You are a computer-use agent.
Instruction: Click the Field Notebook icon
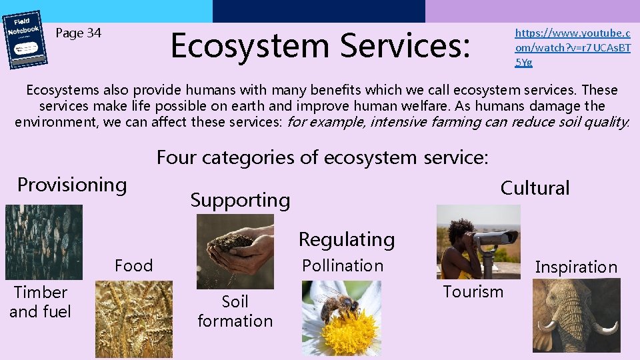click(x=27, y=39)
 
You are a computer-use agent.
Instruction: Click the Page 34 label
click(x=78, y=33)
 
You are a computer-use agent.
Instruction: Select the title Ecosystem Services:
click(x=321, y=45)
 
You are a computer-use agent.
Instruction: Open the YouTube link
click(x=572, y=47)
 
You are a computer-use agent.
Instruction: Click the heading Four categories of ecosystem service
click(x=322, y=157)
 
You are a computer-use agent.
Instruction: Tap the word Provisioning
click(x=72, y=185)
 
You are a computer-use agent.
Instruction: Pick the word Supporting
click(x=240, y=200)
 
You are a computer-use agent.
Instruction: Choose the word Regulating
click(x=346, y=239)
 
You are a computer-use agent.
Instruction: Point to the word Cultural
click(x=535, y=188)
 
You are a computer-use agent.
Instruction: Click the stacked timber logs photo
click(x=43, y=241)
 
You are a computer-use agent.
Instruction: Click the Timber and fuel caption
click(x=40, y=302)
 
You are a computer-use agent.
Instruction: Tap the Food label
click(x=133, y=265)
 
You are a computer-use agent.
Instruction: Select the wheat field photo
click(x=133, y=319)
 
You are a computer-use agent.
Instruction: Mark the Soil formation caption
click(x=235, y=311)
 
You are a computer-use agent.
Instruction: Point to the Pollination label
click(x=343, y=265)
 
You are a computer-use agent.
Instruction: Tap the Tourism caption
click(x=473, y=291)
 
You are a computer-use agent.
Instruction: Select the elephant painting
click(x=576, y=315)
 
